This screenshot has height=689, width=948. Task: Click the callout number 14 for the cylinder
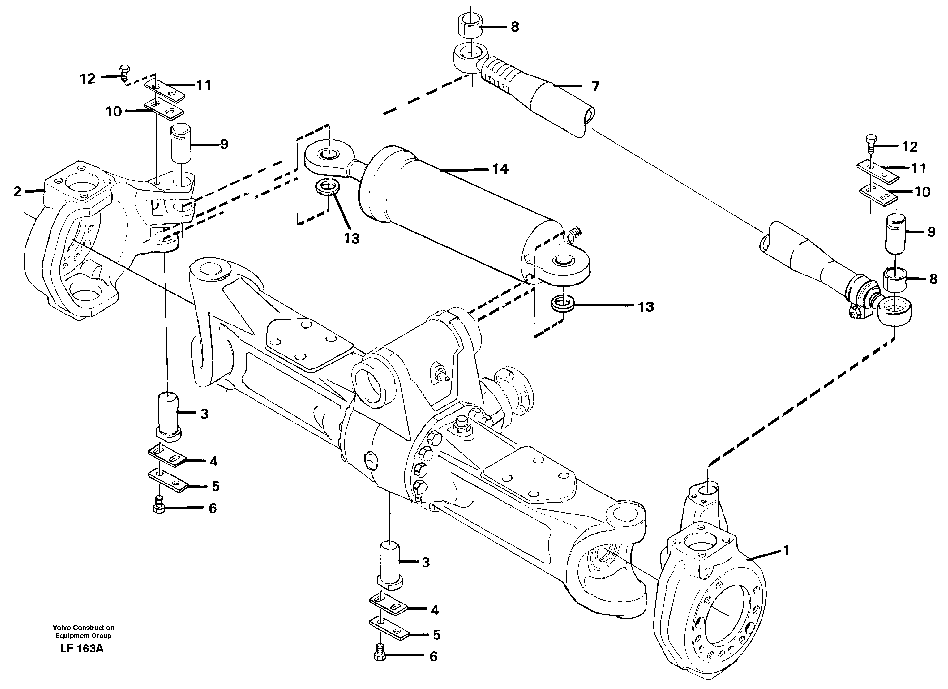tap(500, 169)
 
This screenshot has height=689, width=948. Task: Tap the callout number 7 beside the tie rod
tap(595, 86)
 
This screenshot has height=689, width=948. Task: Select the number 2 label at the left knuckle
tap(17, 192)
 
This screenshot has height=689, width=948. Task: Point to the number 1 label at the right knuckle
tap(786, 551)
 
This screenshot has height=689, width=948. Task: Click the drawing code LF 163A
tap(82, 648)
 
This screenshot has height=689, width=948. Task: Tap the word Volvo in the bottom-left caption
tap(61, 627)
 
